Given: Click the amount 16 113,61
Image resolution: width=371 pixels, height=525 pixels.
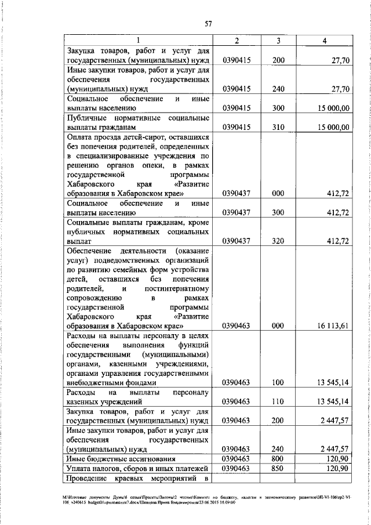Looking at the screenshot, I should [332, 326].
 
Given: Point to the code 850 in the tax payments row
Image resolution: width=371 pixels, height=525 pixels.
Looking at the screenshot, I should [279, 468].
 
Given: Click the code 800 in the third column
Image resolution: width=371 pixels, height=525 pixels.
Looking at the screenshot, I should [279, 458].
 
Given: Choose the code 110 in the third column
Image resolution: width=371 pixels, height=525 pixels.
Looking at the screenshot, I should [279, 401].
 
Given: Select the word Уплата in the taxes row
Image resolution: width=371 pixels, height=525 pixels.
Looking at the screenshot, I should [80, 468].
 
